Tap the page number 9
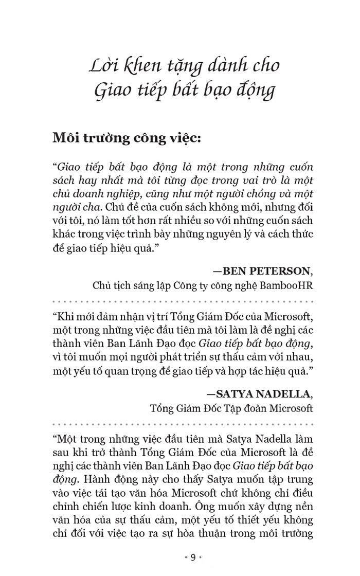point(193,557)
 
